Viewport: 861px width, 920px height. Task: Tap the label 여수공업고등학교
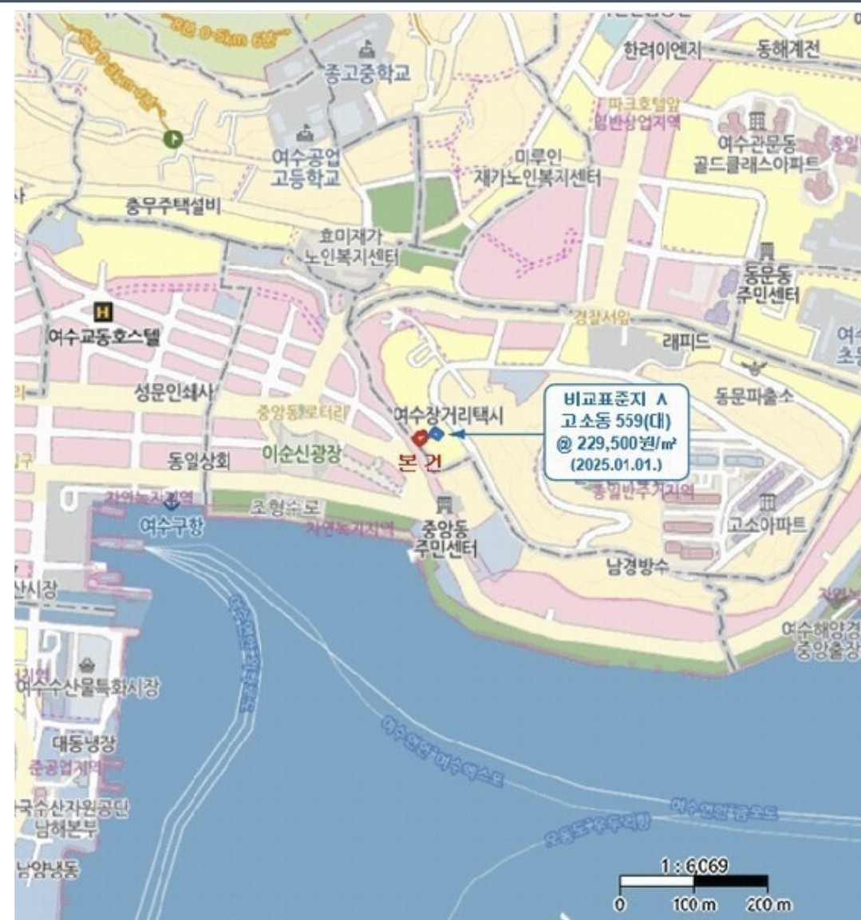pos(306,167)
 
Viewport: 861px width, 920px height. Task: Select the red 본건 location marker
pos(418,437)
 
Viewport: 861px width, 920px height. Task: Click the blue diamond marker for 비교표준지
pos(436,433)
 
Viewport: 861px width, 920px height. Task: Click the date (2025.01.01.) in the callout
pos(616,464)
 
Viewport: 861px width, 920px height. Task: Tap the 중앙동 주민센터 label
pos(444,539)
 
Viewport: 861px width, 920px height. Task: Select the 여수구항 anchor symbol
pos(170,503)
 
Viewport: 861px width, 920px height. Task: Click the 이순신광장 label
pos(302,453)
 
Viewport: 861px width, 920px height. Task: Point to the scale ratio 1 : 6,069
pos(694,866)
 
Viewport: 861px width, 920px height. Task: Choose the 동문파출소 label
pos(754,395)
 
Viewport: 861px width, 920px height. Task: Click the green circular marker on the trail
pos(172,139)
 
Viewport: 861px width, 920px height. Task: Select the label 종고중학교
pos(367,73)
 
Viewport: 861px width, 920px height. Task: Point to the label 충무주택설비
pos(173,207)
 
